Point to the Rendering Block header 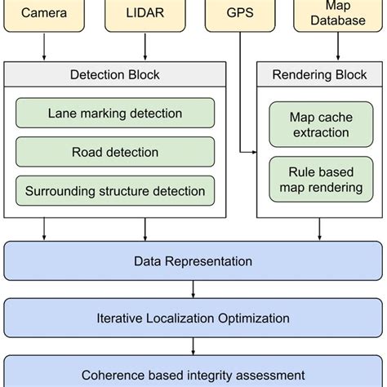click(x=318, y=75)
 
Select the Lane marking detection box click(x=115, y=113)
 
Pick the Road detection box click(x=115, y=152)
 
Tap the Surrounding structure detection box click(x=115, y=191)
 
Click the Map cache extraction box click(x=319, y=124)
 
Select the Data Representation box click(x=193, y=261)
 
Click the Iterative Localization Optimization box click(x=193, y=318)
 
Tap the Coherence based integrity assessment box click(x=193, y=373)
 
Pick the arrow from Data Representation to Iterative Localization click(x=193, y=290)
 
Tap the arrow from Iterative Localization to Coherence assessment click(x=193, y=346)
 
